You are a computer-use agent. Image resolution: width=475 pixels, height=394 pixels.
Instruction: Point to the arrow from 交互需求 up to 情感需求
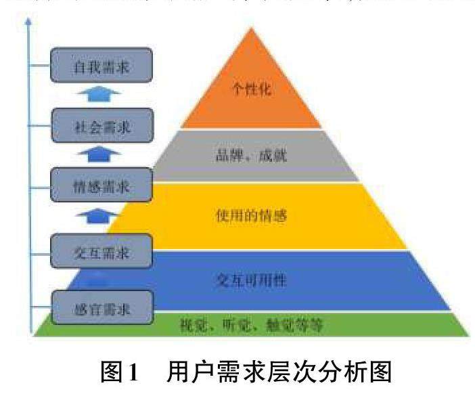101,216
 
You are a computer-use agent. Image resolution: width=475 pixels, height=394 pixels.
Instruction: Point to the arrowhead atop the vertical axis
28,23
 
